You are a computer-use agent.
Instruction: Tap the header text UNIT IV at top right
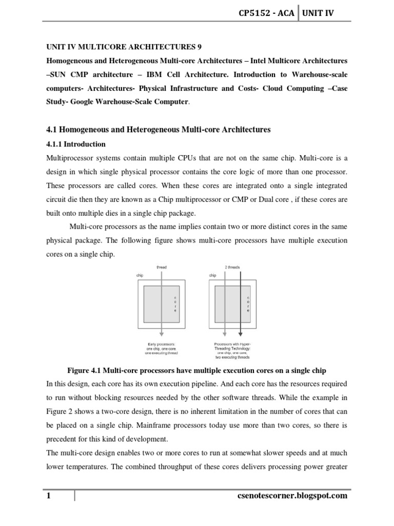point(318,13)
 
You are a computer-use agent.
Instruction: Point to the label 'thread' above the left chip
point(161,267)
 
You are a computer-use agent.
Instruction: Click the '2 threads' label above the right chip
point(232,267)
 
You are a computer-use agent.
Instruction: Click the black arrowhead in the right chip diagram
point(240,336)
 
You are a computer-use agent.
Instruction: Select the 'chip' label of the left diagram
point(140,275)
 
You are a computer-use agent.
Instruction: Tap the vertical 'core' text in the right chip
point(248,304)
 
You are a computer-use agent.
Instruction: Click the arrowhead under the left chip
point(161,336)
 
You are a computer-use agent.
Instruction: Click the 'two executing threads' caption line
point(233,358)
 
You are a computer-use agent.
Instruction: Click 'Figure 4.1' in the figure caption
point(85,370)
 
